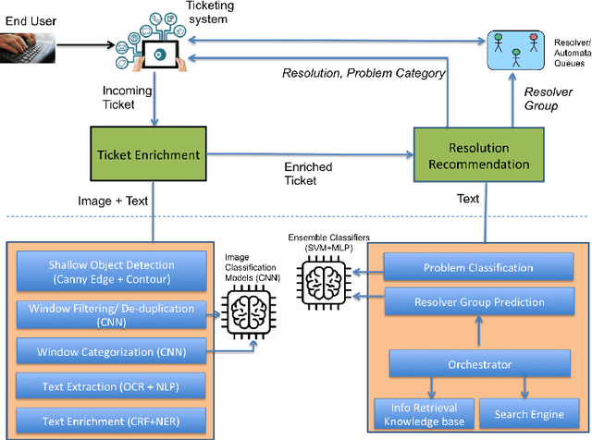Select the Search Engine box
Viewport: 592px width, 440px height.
pyautogui.click(x=528, y=410)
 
